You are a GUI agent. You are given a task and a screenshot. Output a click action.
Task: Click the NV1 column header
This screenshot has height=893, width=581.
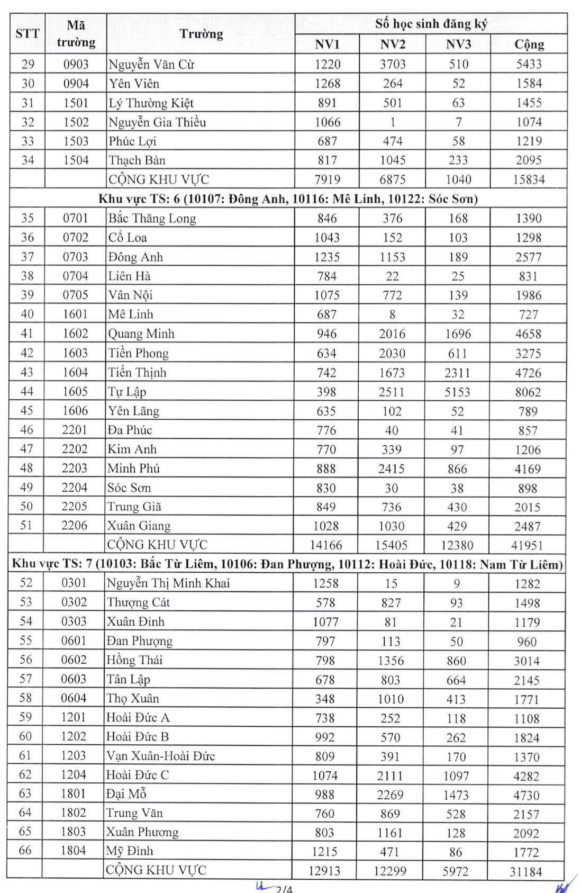pos(327,44)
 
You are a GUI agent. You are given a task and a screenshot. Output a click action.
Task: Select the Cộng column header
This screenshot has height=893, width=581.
pos(529,44)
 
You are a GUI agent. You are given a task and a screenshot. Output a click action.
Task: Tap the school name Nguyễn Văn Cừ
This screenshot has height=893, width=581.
pos(151,65)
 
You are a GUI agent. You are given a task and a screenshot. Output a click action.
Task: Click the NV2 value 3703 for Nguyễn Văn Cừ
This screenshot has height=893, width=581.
pos(393,65)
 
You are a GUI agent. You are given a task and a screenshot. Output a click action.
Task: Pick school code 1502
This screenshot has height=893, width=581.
pos(76,122)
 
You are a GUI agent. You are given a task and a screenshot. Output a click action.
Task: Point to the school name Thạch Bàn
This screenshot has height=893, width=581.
pos(137,160)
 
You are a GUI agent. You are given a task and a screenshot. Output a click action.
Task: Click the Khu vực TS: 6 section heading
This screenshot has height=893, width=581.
pos(288,199)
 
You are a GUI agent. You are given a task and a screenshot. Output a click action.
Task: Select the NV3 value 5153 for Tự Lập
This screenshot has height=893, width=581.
pos(457,392)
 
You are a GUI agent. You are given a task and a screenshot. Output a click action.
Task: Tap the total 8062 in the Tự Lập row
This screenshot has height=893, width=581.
pos(528,392)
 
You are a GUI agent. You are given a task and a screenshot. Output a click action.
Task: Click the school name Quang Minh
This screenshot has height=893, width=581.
pos(141,334)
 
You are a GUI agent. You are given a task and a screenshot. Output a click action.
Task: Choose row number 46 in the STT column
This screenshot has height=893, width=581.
pos(26,430)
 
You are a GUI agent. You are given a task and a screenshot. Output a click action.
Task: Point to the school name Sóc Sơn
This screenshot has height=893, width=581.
pos(129,488)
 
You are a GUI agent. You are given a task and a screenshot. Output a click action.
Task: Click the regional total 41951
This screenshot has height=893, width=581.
pos(528,545)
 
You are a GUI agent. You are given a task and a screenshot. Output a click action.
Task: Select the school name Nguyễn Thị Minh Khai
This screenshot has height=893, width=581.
pos(168,583)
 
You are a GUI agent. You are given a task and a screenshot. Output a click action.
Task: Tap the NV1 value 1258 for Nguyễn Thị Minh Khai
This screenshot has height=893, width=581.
pos(325,583)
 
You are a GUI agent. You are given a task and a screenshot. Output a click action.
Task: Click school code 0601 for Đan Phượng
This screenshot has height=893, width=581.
pos(74,641)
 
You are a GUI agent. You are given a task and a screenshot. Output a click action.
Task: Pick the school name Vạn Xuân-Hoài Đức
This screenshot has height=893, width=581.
pos(160,756)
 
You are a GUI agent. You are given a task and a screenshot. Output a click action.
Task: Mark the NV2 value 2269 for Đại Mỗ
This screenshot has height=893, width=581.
pos(391,795)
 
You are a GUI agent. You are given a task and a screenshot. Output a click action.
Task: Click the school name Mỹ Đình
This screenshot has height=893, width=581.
pos(130,851)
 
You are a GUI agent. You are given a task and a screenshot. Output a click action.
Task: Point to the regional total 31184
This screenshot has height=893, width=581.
pos(525,871)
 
